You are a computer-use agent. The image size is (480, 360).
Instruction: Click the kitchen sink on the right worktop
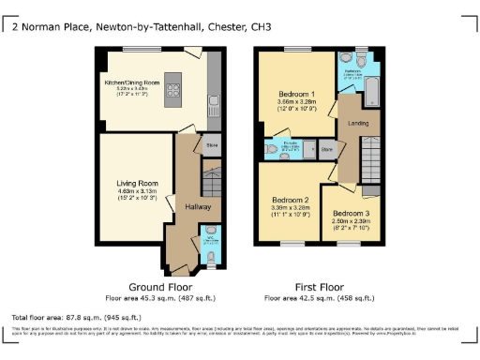pos(215,100)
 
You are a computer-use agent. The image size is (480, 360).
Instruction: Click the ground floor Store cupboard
pos(213,146)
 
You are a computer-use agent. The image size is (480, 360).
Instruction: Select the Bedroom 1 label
pos(296,95)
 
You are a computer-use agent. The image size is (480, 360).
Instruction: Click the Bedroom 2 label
pos(291,200)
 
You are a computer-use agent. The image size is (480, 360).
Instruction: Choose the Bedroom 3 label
pos(350,212)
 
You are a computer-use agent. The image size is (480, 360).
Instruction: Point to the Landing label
pos(359,122)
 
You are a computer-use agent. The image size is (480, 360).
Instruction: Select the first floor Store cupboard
pos(326,149)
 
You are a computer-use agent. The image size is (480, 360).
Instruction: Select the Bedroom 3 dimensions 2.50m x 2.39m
pos(350,220)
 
